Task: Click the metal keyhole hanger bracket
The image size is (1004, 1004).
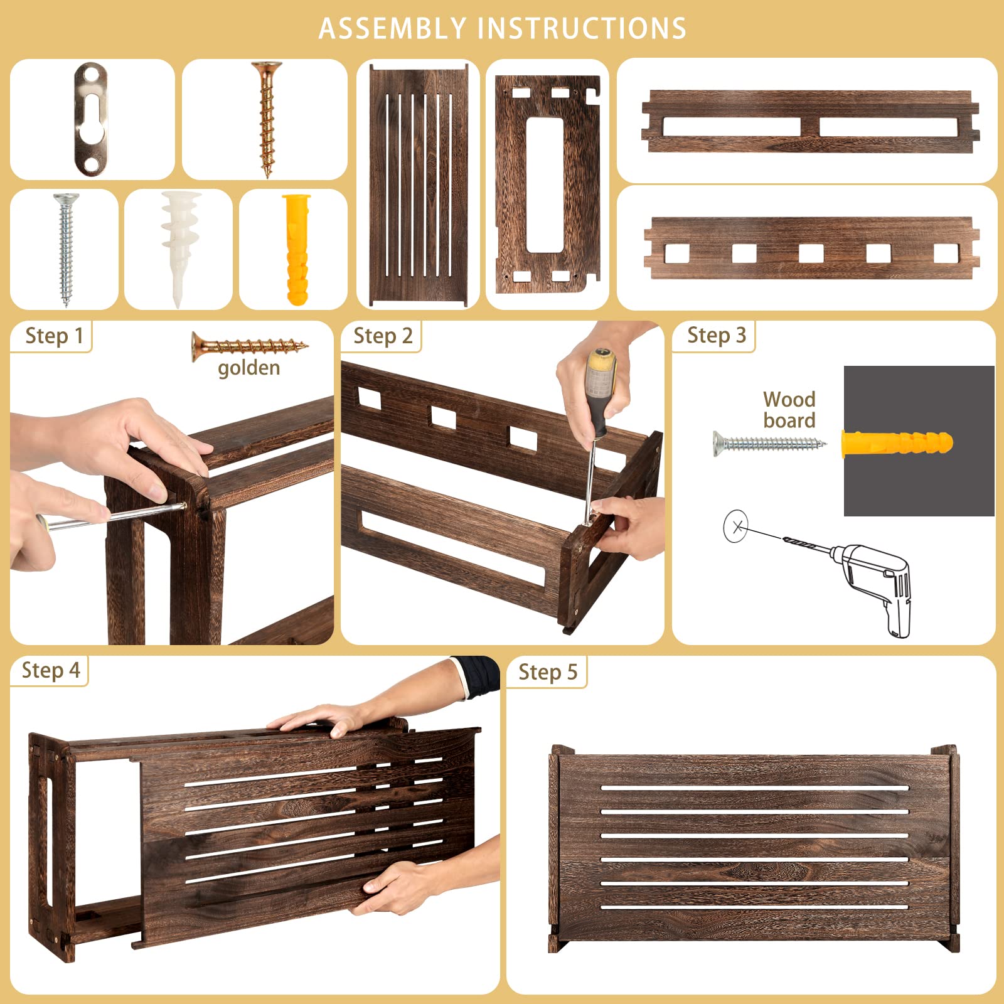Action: coord(90,119)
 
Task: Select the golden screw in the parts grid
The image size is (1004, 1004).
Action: coord(267,119)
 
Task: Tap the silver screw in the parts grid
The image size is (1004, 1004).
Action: coord(65,249)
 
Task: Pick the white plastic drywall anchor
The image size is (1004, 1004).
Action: coord(180,249)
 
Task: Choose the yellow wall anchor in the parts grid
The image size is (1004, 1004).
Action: coord(296,249)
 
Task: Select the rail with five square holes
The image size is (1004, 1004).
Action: coord(811,248)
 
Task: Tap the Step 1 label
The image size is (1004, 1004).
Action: coord(54,336)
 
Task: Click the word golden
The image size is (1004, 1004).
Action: coord(248,368)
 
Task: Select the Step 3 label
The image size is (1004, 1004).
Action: coord(716,335)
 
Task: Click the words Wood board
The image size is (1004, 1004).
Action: coord(789,410)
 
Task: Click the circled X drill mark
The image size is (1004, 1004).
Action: coord(736,526)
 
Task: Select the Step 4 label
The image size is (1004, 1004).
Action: coord(51,670)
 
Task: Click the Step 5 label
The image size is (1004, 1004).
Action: coord(547,672)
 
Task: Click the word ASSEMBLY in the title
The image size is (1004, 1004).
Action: coord(392,29)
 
